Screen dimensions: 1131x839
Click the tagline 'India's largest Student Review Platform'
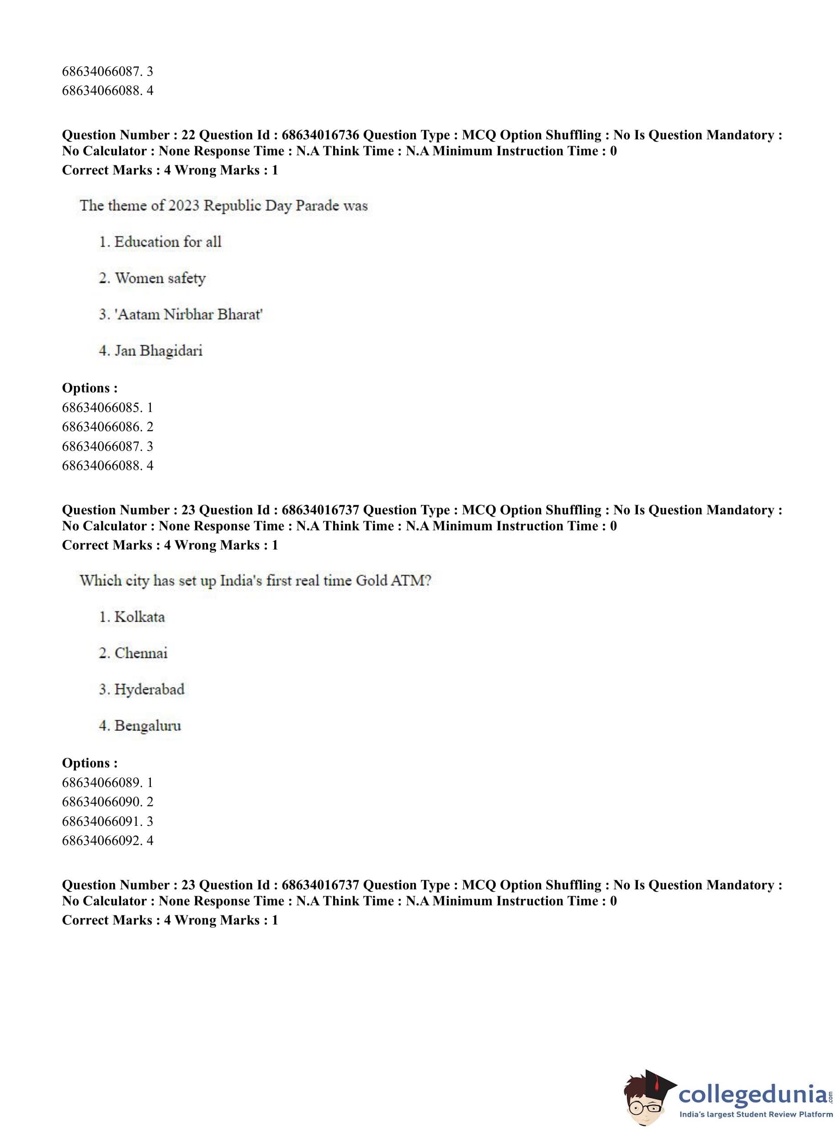756,1114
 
